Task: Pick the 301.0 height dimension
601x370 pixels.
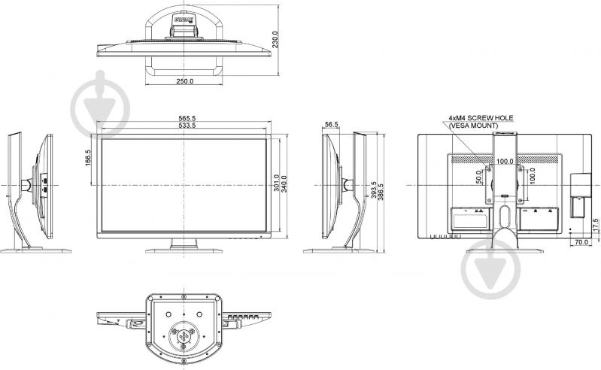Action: click(277, 182)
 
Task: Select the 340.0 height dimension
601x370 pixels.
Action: click(287, 182)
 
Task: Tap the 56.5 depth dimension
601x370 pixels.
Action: click(332, 125)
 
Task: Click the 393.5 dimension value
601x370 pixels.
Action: click(373, 192)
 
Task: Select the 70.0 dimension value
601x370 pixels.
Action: click(579, 243)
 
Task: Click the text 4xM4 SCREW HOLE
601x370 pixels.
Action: click(481, 119)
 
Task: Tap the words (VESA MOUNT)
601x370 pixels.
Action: click(473, 126)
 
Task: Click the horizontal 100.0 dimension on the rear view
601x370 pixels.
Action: click(505, 161)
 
